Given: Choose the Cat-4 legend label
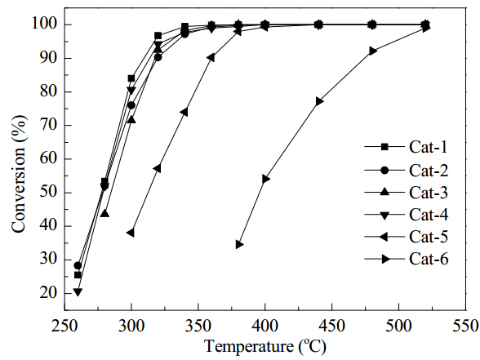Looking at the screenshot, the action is (x=429, y=215).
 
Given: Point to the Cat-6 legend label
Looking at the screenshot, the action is (x=429, y=260).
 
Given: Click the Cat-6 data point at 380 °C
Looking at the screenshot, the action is (x=240, y=245).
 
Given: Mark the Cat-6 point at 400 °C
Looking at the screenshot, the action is (x=266, y=179).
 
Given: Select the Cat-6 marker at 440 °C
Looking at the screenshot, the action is (x=320, y=101).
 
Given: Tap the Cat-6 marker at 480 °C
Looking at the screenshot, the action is (x=373, y=51).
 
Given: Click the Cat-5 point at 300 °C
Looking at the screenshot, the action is (x=131, y=233).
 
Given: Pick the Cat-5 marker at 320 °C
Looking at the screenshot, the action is (x=158, y=169).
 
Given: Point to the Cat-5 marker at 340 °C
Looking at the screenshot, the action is (x=184, y=113).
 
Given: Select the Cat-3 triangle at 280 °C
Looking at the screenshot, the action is (x=104, y=213).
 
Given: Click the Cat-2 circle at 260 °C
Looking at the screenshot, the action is (x=78, y=265).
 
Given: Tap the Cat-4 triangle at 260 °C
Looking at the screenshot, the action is (x=78, y=292).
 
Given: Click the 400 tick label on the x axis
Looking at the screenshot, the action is (x=265, y=327).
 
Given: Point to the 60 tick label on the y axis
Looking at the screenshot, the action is (x=48, y=159).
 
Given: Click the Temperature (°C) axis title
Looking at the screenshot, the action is (x=265, y=347).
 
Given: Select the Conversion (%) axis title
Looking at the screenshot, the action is (x=19, y=174).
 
